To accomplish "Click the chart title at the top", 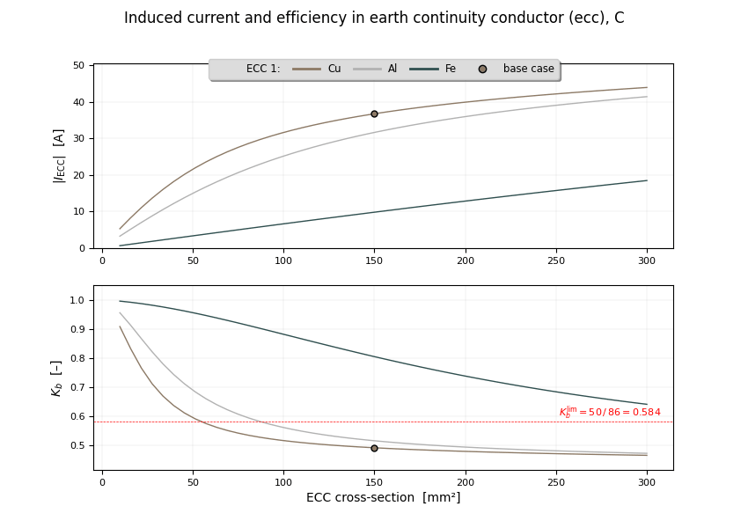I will coord(374,18).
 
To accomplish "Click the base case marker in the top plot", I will coord(374,114).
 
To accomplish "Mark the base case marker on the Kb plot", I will coord(374,448).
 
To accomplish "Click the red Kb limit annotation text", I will coord(610,412).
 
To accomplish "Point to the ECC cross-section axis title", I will coord(383,498).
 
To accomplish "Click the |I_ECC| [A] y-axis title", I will coord(59,156).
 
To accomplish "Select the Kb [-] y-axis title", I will coord(56,378).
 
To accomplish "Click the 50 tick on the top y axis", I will coord(78,66).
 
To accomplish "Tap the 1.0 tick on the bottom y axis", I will coord(77,300).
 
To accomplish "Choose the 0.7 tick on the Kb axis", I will coord(77,387).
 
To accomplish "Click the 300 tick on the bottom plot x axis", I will coord(647,481).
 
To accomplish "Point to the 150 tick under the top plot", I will coord(374,260).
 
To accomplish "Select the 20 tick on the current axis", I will coord(78,175).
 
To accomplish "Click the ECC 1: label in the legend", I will coord(263,69).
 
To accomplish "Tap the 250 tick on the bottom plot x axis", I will coord(556,481).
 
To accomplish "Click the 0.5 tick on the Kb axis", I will coord(77,445).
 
